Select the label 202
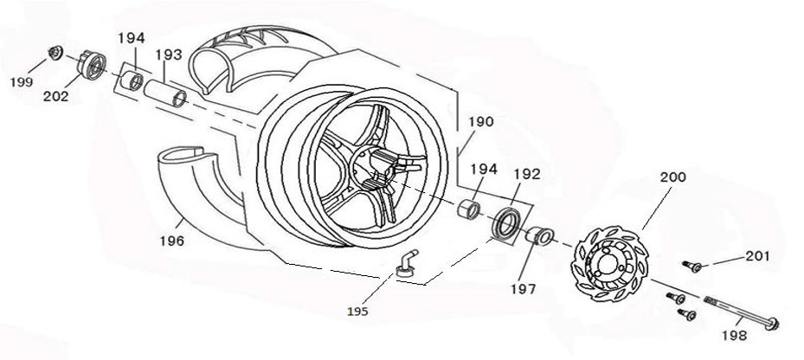[x=55, y=97]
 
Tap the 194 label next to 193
[x=132, y=39]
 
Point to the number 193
[x=169, y=55]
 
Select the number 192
[x=525, y=173]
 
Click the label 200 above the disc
[x=672, y=177]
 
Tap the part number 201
[x=756, y=255]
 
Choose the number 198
[x=734, y=333]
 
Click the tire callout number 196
[x=171, y=241]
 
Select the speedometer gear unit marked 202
[x=91, y=65]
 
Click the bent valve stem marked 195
[x=405, y=265]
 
